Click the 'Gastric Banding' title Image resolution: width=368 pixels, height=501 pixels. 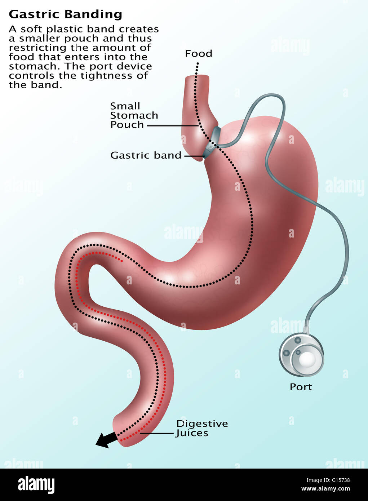pyautogui.click(x=65, y=14)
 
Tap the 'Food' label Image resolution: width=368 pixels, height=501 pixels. pyautogui.click(x=198, y=54)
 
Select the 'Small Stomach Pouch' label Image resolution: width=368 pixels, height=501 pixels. pyautogui.click(x=134, y=115)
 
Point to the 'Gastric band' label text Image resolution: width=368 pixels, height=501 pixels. pyautogui.click(x=146, y=155)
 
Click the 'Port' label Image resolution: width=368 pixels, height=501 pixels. pyautogui.click(x=301, y=387)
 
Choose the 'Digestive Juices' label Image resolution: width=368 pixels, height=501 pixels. pyautogui.click(x=202, y=428)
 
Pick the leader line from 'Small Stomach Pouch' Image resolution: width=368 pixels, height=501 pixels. pyautogui.click(x=172, y=126)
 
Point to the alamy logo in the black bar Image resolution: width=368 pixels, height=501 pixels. pyautogui.click(x=36, y=485)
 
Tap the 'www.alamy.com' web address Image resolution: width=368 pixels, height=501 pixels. pyautogui.click(x=326, y=489)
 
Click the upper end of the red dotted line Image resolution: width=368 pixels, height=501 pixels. pyautogui.click(x=122, y=261)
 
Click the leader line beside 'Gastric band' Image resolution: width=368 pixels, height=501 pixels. pyautogui.click(x=194, y=156)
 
